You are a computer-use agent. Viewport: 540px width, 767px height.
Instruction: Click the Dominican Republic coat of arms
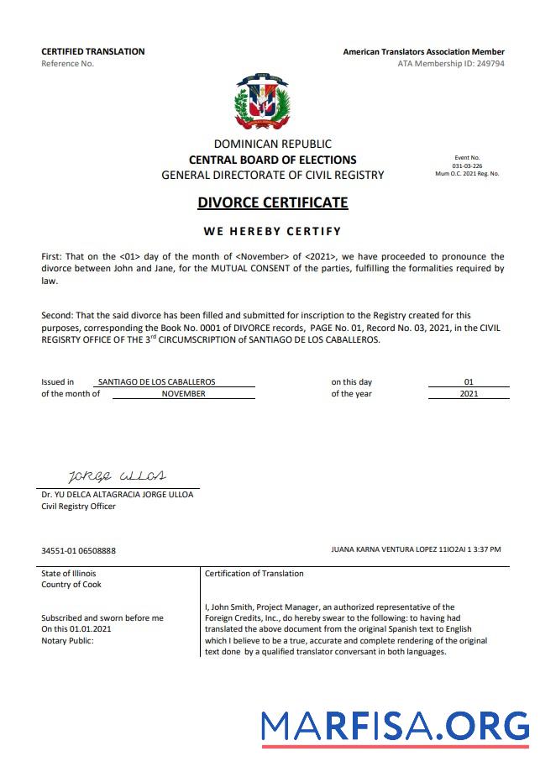(x=262, y=101)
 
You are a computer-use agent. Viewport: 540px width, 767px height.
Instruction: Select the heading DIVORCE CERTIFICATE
(x=272, y=202)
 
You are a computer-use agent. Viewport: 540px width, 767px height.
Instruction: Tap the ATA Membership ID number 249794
(x=488, y=63)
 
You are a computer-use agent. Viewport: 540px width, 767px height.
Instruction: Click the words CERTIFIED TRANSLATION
(x=92, y=51)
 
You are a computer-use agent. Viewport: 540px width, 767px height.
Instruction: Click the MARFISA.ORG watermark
(x=395, y=725)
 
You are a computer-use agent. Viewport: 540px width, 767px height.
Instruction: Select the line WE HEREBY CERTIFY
(x=272, y=231)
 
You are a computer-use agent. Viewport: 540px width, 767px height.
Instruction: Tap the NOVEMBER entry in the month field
(x=183, y=393)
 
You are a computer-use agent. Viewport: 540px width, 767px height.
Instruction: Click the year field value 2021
(x=469, y=393)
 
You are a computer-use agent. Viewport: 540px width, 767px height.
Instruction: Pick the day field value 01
(x=469, y=381)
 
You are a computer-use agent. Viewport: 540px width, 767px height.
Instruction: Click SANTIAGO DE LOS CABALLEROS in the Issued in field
(x=156, y=381)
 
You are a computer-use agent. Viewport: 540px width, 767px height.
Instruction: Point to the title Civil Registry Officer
(x=79, y=506)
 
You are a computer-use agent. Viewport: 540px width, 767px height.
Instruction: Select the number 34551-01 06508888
(x=79, y=550)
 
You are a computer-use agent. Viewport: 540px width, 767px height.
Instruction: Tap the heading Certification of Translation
(x=254, y=573)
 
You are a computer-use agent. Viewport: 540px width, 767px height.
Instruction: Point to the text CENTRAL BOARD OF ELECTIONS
(x=272, y=160)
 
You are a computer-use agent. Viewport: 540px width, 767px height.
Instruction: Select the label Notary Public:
(x=68, y=640)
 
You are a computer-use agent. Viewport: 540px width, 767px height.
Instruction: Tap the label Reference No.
(x=67, y=63)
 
